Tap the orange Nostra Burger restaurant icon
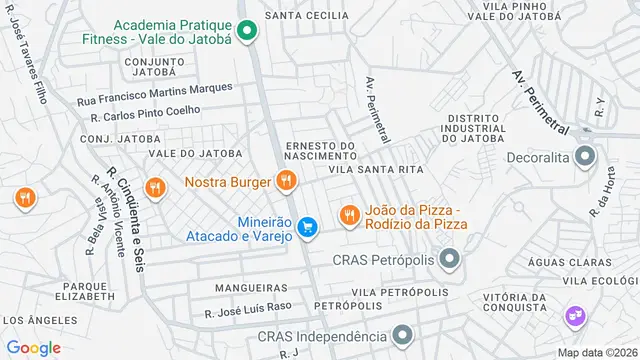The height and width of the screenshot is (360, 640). point(286,181)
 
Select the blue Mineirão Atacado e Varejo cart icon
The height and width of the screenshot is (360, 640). point(309,228)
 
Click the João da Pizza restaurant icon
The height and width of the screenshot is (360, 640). point(349,214)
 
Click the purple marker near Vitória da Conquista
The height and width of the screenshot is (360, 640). point(575,317)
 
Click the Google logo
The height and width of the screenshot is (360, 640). point(33,347)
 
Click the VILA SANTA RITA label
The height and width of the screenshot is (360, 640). point(369,171)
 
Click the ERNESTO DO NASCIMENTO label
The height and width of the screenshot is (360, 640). point(320,151)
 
